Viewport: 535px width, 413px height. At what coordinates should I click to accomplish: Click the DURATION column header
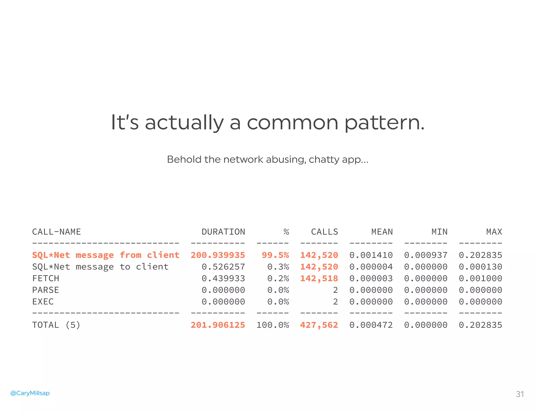click(x=223, y=232)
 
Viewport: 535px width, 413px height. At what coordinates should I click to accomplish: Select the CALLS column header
click(x=324, y=232)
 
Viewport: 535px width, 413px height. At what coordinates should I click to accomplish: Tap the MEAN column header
click(x=382, y=232)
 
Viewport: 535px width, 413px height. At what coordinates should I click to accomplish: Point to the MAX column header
click(x=494, y=232)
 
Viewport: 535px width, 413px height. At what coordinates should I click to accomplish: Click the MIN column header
click(x=439, y=232)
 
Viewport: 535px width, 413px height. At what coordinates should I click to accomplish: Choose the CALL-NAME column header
click(x=56, y=232)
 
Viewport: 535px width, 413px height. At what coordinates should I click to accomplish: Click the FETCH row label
click(x=46, y=278)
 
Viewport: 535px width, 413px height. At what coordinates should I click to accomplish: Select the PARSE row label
click(x=46, y=290)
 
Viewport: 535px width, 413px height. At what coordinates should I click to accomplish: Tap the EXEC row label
click(x=43, y=302)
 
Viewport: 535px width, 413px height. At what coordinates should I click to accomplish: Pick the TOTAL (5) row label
click(x=56, y=325)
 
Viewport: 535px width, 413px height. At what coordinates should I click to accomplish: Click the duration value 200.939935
click(x=218, y=255)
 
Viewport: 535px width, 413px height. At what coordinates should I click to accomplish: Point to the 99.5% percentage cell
click(x=275, y=255)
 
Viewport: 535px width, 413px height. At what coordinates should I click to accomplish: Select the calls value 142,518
click(x=319, y=278)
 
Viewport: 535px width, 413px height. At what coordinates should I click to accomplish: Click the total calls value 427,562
click(x=319, y=325)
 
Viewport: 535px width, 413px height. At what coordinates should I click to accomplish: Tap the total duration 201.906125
click(x=218, y=325)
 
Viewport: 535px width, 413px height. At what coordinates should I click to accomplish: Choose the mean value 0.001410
click(x=371, y=255)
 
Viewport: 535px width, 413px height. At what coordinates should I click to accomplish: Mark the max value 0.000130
click(x=480, y=267)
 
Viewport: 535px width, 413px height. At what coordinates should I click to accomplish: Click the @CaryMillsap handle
click(x=30, y=393)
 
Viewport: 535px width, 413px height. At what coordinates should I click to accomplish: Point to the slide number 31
click(x=520, y=394)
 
